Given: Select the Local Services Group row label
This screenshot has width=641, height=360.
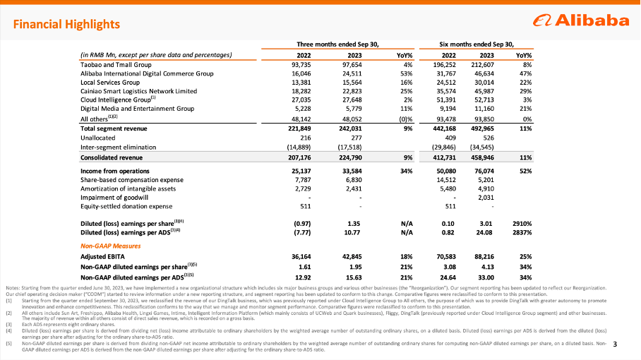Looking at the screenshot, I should (x=105, y=82).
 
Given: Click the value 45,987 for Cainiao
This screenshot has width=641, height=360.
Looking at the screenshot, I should (x=500, y=91).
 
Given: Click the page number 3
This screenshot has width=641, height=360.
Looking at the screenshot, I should (x=616, y=344).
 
